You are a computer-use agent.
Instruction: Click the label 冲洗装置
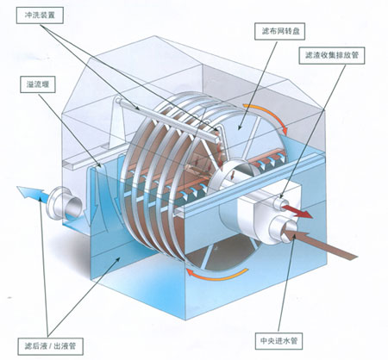click(40, 16)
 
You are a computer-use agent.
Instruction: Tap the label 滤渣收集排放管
click(332, 55)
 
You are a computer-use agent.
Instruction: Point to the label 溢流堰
click(38, 84)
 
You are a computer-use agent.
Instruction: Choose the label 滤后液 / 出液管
click(50, 346)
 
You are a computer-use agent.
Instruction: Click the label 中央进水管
click(278, 341)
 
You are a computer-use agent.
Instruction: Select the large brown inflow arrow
click(319, 243)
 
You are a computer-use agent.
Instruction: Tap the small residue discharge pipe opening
click(278, 202)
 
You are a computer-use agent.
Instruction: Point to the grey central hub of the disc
click(235, 175)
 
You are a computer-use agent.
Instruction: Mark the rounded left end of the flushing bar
click(117, 101)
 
